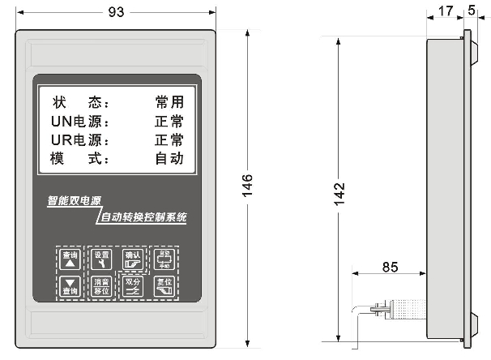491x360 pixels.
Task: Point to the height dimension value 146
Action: tap(249, 186)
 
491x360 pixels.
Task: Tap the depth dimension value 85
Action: tap(390, 265)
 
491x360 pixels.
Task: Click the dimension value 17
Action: tap(445, 11)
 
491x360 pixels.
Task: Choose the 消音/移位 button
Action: tap(101, 285)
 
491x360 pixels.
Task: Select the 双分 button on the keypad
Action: tap(132, 285)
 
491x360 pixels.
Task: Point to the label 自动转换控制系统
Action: tap(143, 217)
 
